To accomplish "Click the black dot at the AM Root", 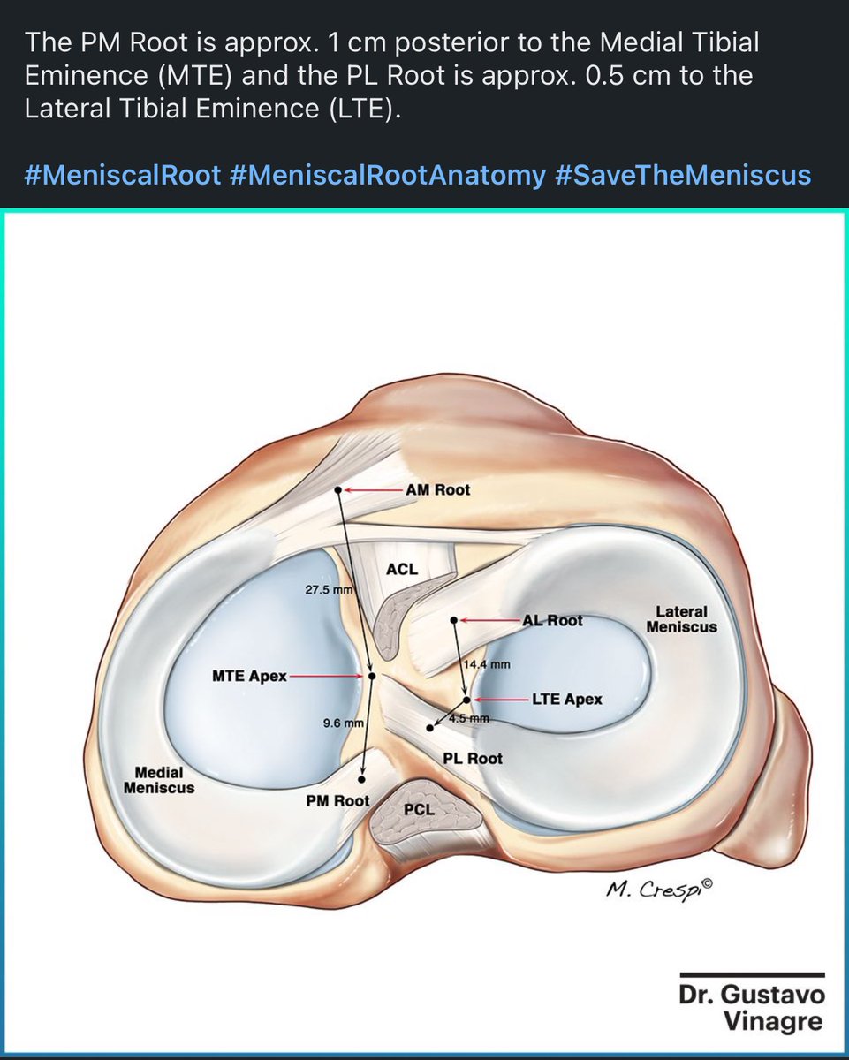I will coord(338,490).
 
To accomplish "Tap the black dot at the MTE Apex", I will coord(372,676).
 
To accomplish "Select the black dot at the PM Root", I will coord(362,780).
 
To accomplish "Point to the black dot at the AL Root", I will coord(453,620).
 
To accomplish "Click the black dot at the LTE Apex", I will coord(466,700).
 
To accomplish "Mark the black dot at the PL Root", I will coord(430,728).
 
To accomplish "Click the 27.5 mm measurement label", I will coord(328,589).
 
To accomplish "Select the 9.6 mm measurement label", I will coord(344,723).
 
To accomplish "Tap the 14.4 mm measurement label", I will coord(486,665).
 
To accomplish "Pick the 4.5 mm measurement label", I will coord(469,719).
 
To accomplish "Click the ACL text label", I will coord(402,570).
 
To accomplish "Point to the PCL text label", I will coord(417,810).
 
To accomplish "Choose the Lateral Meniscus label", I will coord(680,618).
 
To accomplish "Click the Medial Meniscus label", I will coord(159,779).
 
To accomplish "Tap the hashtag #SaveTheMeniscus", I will coord(683,175).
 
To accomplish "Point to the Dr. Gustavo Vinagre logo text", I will coord(752,1008).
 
